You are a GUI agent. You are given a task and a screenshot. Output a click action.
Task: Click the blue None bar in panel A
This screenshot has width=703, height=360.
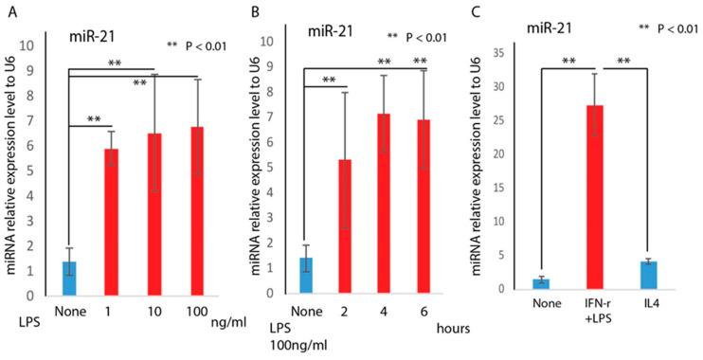click(69, 279)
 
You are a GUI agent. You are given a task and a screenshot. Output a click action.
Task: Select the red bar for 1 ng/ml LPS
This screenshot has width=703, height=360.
click(111, 224)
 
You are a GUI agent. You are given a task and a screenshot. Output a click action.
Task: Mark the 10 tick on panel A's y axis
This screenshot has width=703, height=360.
click(38, 45)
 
